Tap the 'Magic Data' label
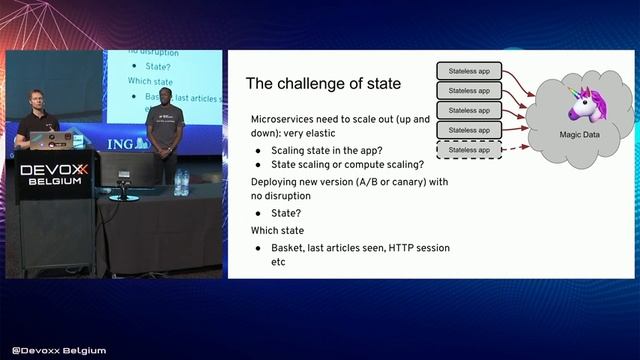pyautogui.click(x=578, y=134)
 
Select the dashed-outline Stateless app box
pyautogui.click(x=469, y=150)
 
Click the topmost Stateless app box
pyautogui.click(x=469, y=72)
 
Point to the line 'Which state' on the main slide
pyautogui.click(x=276, y=230)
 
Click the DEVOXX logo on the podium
pyautogui.click(x=54, y=171)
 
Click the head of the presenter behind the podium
pyautogui.click(x=28, y=99)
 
